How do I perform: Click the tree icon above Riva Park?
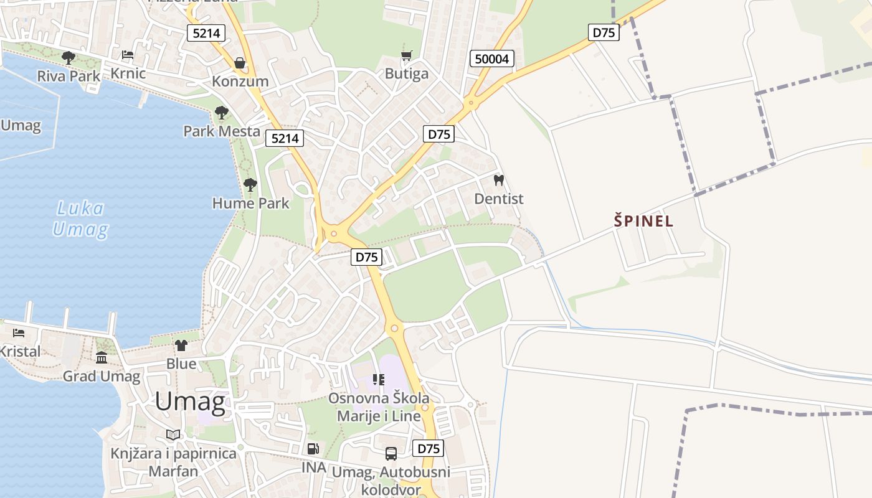coord(69,58)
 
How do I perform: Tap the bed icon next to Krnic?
coord(128,55)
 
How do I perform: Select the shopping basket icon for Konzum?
coord(240,63)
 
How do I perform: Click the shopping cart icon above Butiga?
coord(407,56)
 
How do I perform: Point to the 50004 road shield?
coord(491,59)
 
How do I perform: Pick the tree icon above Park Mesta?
coord(221,113)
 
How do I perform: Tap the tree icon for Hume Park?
coord(250,184)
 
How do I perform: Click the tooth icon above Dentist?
coord(498,181)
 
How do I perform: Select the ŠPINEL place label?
coord(644,221)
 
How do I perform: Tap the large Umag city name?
coord(190,402)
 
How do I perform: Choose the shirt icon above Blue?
coord(181,345)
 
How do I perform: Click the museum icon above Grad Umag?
coord(102,358)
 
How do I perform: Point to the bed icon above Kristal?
coord(19,333)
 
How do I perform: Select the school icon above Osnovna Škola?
coord(378,379)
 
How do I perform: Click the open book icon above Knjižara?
coord(173,435)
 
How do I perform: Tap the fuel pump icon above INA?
coord(313,448)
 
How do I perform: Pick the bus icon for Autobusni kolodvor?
coord(391,454)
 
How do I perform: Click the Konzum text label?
coord(240,82)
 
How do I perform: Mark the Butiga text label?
coord(407,74)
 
